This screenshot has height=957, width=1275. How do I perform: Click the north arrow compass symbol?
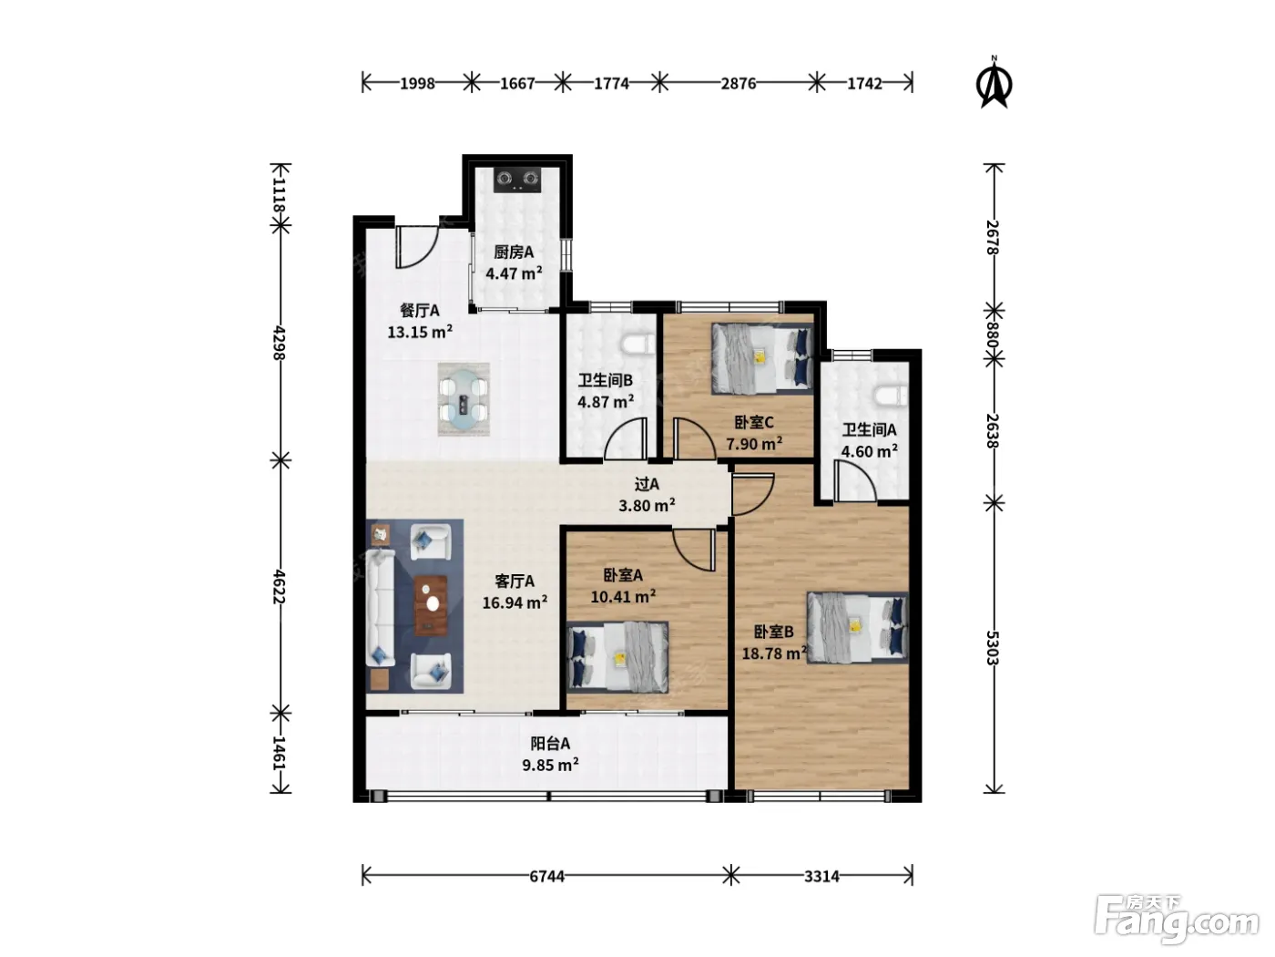pos(994,84)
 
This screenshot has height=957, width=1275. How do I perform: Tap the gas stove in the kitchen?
pos(516,180)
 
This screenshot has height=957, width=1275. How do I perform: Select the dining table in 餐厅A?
pos(463,399)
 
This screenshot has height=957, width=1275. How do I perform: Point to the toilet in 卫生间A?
pos(891,396)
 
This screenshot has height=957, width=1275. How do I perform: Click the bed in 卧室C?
pos(762,359)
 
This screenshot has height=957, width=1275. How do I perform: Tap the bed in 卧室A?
pos(617,657)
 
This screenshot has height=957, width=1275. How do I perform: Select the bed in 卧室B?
pos(857,627)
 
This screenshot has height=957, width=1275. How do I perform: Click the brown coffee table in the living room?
pos(431,605)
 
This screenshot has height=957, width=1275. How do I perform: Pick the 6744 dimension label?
pos(546,876)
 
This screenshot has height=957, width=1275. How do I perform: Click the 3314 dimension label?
pos(821,876)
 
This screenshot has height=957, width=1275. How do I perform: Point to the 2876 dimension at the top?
pos(739,84)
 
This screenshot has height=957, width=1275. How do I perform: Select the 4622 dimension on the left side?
pos(280,587)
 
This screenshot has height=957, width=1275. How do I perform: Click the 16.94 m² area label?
pos(515,602)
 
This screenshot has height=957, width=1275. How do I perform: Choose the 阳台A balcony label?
pos(550,743)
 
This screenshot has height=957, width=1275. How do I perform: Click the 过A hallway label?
pos(647,484)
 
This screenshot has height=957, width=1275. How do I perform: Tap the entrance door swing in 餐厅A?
pos(416,248)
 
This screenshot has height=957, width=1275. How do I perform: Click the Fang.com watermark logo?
pos(1177,920)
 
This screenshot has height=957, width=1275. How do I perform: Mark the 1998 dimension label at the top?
pos(417,84)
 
